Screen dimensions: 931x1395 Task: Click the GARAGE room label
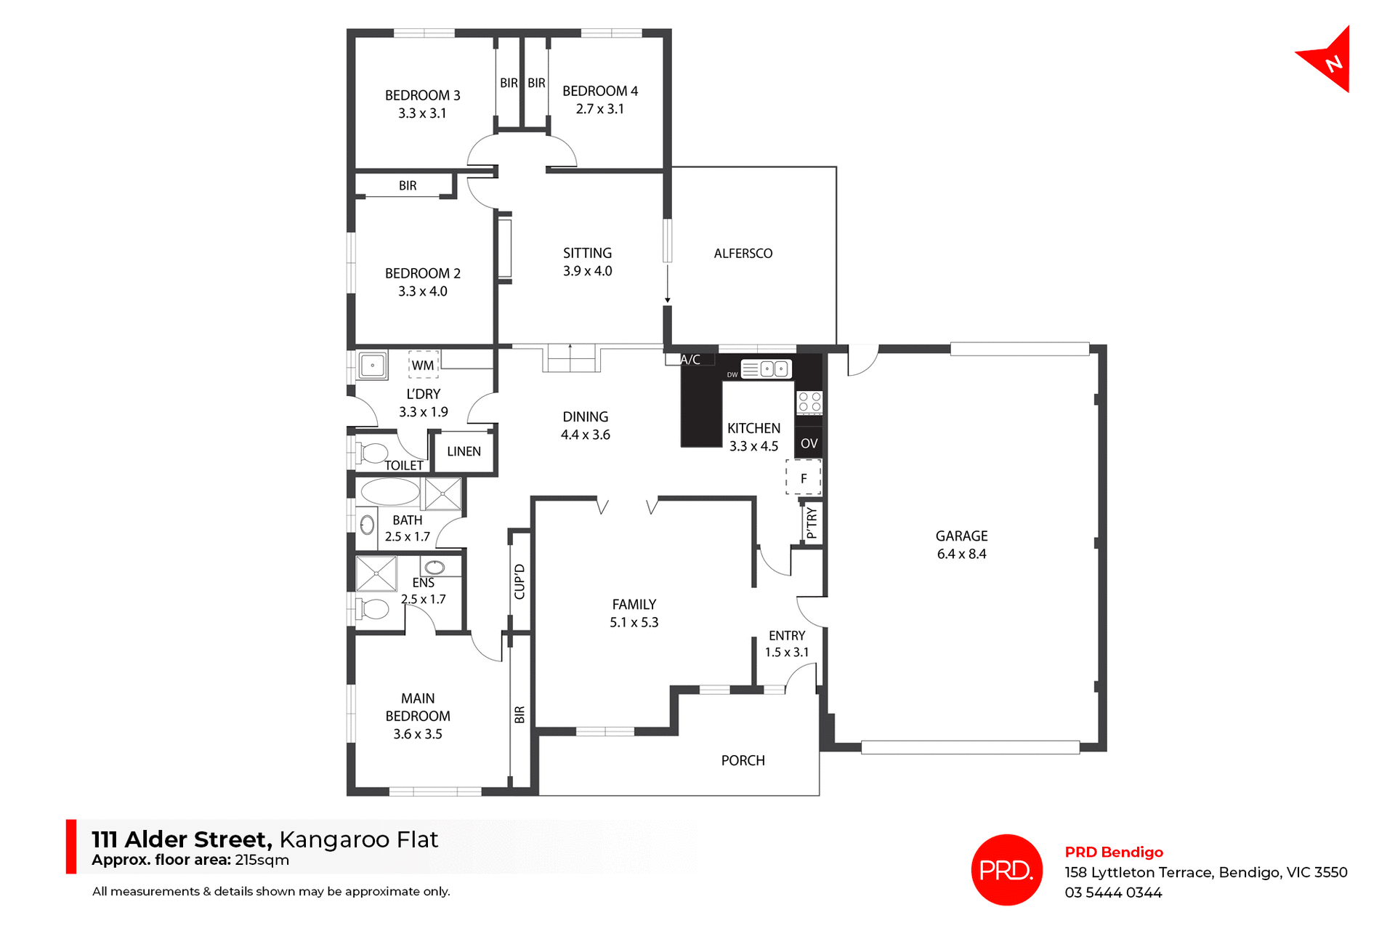point(961,536)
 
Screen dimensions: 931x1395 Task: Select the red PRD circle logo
point(1006,870)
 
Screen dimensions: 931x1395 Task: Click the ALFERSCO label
point(743,254)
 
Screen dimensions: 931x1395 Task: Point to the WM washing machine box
point(423,365)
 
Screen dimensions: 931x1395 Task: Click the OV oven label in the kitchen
point(809,443)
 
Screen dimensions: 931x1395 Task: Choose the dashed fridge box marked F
point(804,477)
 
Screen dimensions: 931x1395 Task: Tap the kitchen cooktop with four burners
point(809,402)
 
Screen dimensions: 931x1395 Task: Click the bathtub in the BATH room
point(390,492)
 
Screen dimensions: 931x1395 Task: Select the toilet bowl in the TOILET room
point(373,454)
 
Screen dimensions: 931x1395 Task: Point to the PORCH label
point(743,760)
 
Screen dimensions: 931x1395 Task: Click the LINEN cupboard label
point(464,451)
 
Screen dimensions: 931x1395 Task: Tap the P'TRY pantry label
point(812,523)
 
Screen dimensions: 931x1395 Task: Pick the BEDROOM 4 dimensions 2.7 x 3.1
point(599,109)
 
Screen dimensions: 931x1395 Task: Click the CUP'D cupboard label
point(519,581)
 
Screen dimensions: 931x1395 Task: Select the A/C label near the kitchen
point(690,360)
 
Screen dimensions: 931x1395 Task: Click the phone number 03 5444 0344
point(1113,892)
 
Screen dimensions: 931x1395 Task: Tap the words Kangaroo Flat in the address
point(358,839)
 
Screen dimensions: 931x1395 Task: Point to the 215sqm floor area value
point(262,861)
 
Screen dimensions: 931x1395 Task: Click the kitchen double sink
point(774,369)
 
